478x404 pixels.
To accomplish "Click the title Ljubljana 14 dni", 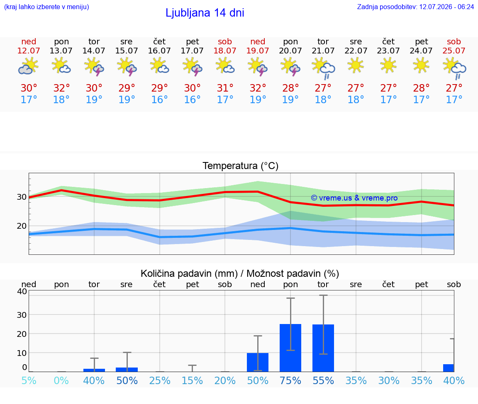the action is point(205,13).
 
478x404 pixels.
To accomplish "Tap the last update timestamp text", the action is point(415,7).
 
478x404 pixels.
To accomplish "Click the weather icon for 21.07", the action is point(323,69).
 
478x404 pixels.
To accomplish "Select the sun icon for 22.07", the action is point(356,66).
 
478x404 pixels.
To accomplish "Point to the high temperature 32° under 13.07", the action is point(61,88).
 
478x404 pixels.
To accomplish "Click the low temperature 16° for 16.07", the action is point(159,99).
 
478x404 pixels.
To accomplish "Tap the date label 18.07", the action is point(225,51).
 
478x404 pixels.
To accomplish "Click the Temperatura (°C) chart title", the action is point(241,166).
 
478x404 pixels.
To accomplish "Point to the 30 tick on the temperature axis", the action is point(22,197).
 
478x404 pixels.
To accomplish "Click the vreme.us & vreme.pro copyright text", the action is point(354,198).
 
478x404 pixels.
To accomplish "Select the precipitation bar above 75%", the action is point(290,348).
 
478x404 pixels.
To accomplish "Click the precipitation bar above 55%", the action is point(323,348).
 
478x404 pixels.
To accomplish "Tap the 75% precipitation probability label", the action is point(290,380).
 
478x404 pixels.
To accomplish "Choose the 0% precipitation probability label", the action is point(61,380).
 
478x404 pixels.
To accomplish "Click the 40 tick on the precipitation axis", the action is point(22,291).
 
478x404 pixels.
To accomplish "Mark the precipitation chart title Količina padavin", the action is point(189,273).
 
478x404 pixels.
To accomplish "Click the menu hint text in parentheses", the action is point(46,7).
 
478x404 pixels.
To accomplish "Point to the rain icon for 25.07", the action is point(454,70).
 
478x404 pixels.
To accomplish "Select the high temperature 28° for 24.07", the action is point(421,88).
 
